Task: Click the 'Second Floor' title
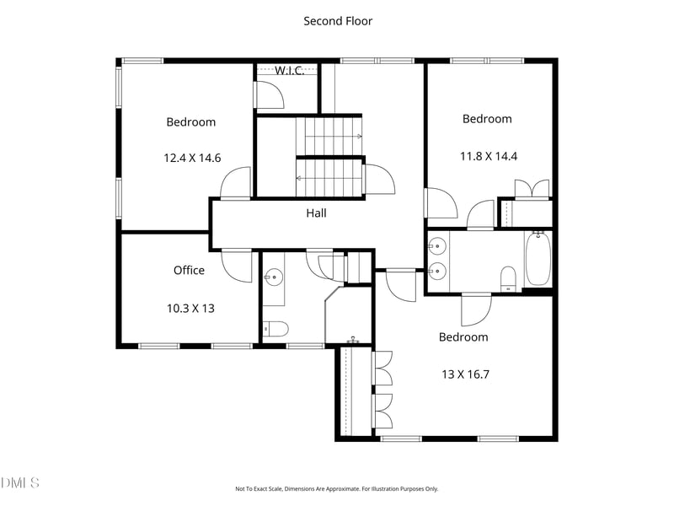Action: [338, 21]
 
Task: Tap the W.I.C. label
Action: [289, 71]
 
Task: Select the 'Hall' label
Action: [316, 213]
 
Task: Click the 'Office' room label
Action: [189, 270]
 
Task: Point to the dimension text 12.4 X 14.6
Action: [192, 158]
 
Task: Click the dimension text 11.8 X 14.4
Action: [489, 156]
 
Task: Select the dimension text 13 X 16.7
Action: [465, 374]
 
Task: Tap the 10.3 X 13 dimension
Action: [190, 309]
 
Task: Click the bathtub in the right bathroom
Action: [538, 258]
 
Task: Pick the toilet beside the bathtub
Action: [509, 279]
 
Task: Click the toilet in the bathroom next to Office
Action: [275, 329]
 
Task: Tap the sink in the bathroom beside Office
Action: [273, 276]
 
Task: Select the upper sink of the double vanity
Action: [437, 246]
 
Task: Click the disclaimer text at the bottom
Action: [336, 489]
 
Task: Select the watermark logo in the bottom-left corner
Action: [19, 482]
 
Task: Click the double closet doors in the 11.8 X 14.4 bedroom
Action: [532, 188]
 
